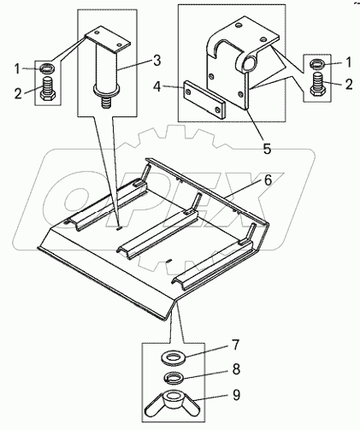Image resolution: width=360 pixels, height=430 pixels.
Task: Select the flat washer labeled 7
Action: (x=173, y=358)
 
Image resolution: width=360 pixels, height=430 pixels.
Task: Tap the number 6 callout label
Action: (x=267, y=180)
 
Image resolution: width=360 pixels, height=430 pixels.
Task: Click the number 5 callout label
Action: (x=267, y=149)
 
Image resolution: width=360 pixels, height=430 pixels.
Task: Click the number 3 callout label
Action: (x=156, y=61)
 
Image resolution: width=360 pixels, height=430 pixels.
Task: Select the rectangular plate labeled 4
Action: (x=204, y=100)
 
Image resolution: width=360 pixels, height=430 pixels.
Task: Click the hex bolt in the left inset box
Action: (x=48, y=89)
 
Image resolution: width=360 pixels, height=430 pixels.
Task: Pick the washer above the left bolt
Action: (x=47, y=68)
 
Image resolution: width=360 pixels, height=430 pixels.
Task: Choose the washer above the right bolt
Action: (x=318, y=64)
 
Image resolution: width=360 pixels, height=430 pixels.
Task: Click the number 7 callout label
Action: (x=234, y=345)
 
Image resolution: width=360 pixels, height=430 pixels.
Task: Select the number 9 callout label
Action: (x=236, y=395)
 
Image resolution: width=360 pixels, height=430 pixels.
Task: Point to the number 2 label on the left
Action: (x=18, y=93)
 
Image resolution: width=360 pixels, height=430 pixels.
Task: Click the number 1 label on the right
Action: (x=349, y=62)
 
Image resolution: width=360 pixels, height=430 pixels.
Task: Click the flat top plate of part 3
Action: (x=107, y=40)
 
